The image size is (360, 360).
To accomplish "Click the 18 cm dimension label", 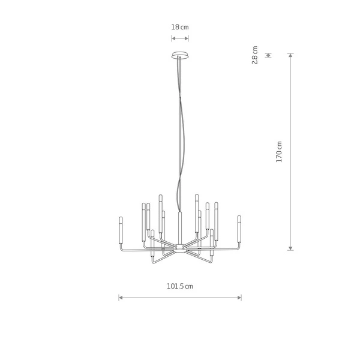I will [180, 28].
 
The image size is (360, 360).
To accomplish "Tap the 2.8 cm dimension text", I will [255, 55].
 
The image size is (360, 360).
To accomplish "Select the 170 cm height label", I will [279, 153].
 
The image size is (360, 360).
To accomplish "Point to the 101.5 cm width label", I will [180, 286].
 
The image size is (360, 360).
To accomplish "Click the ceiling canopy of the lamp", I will [180, 56].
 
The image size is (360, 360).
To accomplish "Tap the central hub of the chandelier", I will [180, 247].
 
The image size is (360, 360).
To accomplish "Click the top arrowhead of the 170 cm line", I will [291, 56].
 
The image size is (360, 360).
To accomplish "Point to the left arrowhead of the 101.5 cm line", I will [121, 297].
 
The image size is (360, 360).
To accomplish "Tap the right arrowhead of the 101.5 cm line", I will [239, 297].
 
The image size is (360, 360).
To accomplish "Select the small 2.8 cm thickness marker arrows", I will [268, 55].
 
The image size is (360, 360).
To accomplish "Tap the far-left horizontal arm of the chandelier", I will [132, 247].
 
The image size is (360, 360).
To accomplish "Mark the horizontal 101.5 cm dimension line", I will [180, 297].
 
